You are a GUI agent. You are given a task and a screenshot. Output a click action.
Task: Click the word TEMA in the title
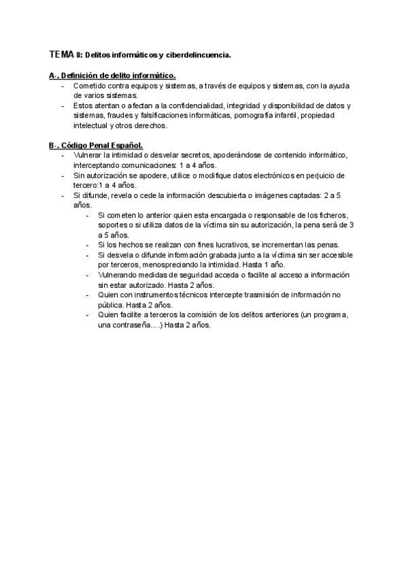[63, 53]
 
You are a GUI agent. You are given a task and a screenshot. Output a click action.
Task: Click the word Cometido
[90, 86]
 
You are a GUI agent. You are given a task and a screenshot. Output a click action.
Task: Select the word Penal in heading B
[102, 146]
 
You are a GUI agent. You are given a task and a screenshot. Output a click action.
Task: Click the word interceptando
[97, 165]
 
